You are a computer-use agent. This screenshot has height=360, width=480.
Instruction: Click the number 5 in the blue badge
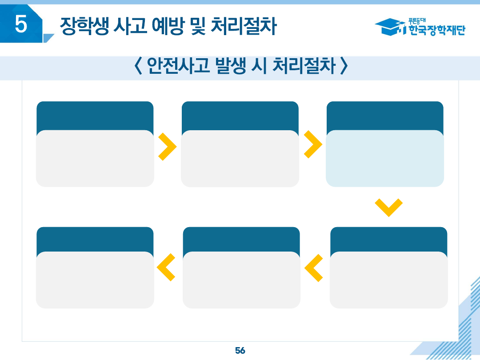(21, 24)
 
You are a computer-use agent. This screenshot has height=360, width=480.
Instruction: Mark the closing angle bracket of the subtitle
(343, 67)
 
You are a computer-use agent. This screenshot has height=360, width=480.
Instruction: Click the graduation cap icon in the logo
(389, 27)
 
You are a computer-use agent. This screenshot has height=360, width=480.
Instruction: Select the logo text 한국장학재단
(436, 30)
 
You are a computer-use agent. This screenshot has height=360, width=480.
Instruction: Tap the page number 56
(240, 351)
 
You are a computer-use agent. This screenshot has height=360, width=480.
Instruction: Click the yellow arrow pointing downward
(388, 207)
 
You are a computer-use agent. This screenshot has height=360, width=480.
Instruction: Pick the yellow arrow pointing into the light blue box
(312, 144)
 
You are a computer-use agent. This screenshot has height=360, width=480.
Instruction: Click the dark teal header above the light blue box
(385, 115)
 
